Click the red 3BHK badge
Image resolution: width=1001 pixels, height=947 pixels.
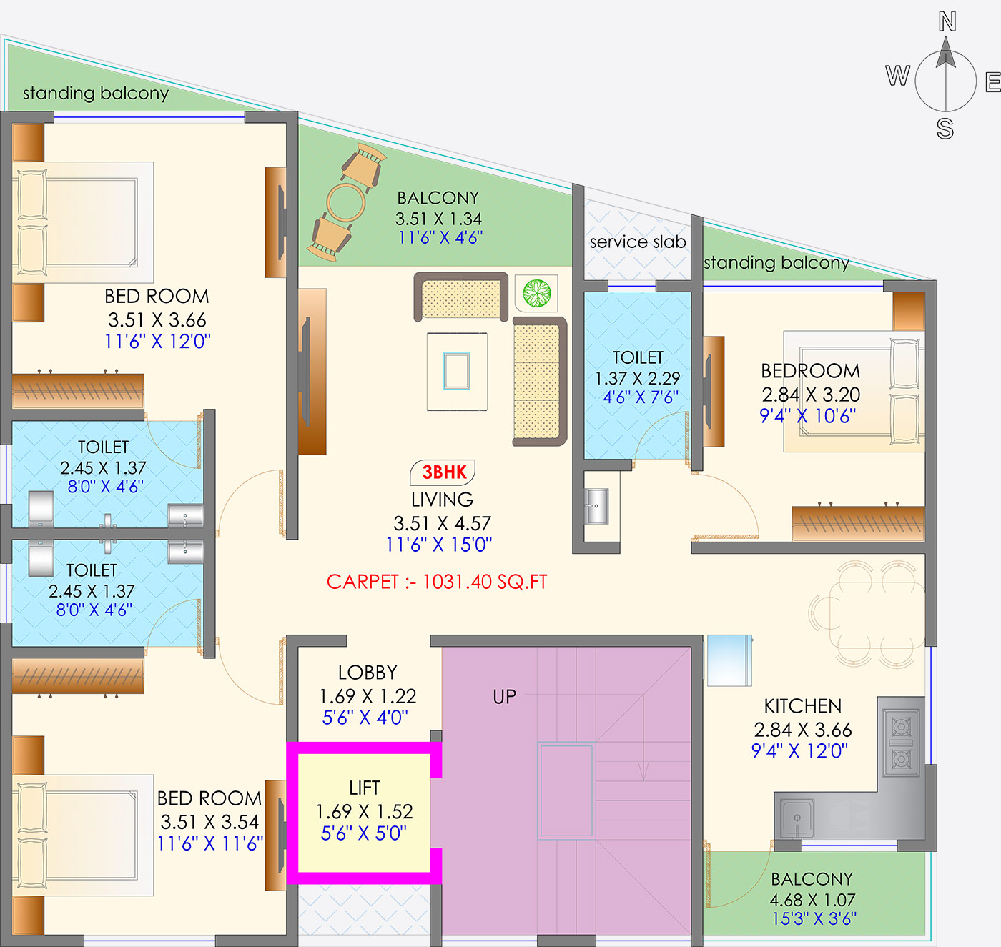443,472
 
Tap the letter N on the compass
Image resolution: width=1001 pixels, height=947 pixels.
947,21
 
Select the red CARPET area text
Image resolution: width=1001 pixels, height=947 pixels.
437,582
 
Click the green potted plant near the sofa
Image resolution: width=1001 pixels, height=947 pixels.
537,293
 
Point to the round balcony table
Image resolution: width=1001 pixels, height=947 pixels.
346,202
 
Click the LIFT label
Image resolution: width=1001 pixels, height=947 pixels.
364,788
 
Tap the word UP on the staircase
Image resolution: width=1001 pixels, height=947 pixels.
505,697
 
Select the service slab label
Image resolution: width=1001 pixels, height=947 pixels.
638,242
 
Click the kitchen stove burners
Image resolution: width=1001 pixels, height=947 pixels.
901,743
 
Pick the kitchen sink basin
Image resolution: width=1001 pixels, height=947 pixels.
797,818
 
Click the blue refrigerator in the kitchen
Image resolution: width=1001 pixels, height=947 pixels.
729,660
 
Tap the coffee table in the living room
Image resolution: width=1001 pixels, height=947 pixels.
457,371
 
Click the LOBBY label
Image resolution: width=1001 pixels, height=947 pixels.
368,673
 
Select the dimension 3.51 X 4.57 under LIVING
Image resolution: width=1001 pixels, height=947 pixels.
442,523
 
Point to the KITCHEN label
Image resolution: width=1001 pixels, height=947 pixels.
803,706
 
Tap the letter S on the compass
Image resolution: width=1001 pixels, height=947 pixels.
945,129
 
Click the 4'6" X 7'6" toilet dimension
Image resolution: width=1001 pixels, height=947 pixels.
640,397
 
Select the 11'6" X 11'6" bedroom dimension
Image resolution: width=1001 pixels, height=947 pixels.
209,843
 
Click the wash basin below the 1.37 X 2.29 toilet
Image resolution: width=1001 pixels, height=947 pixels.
596,506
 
